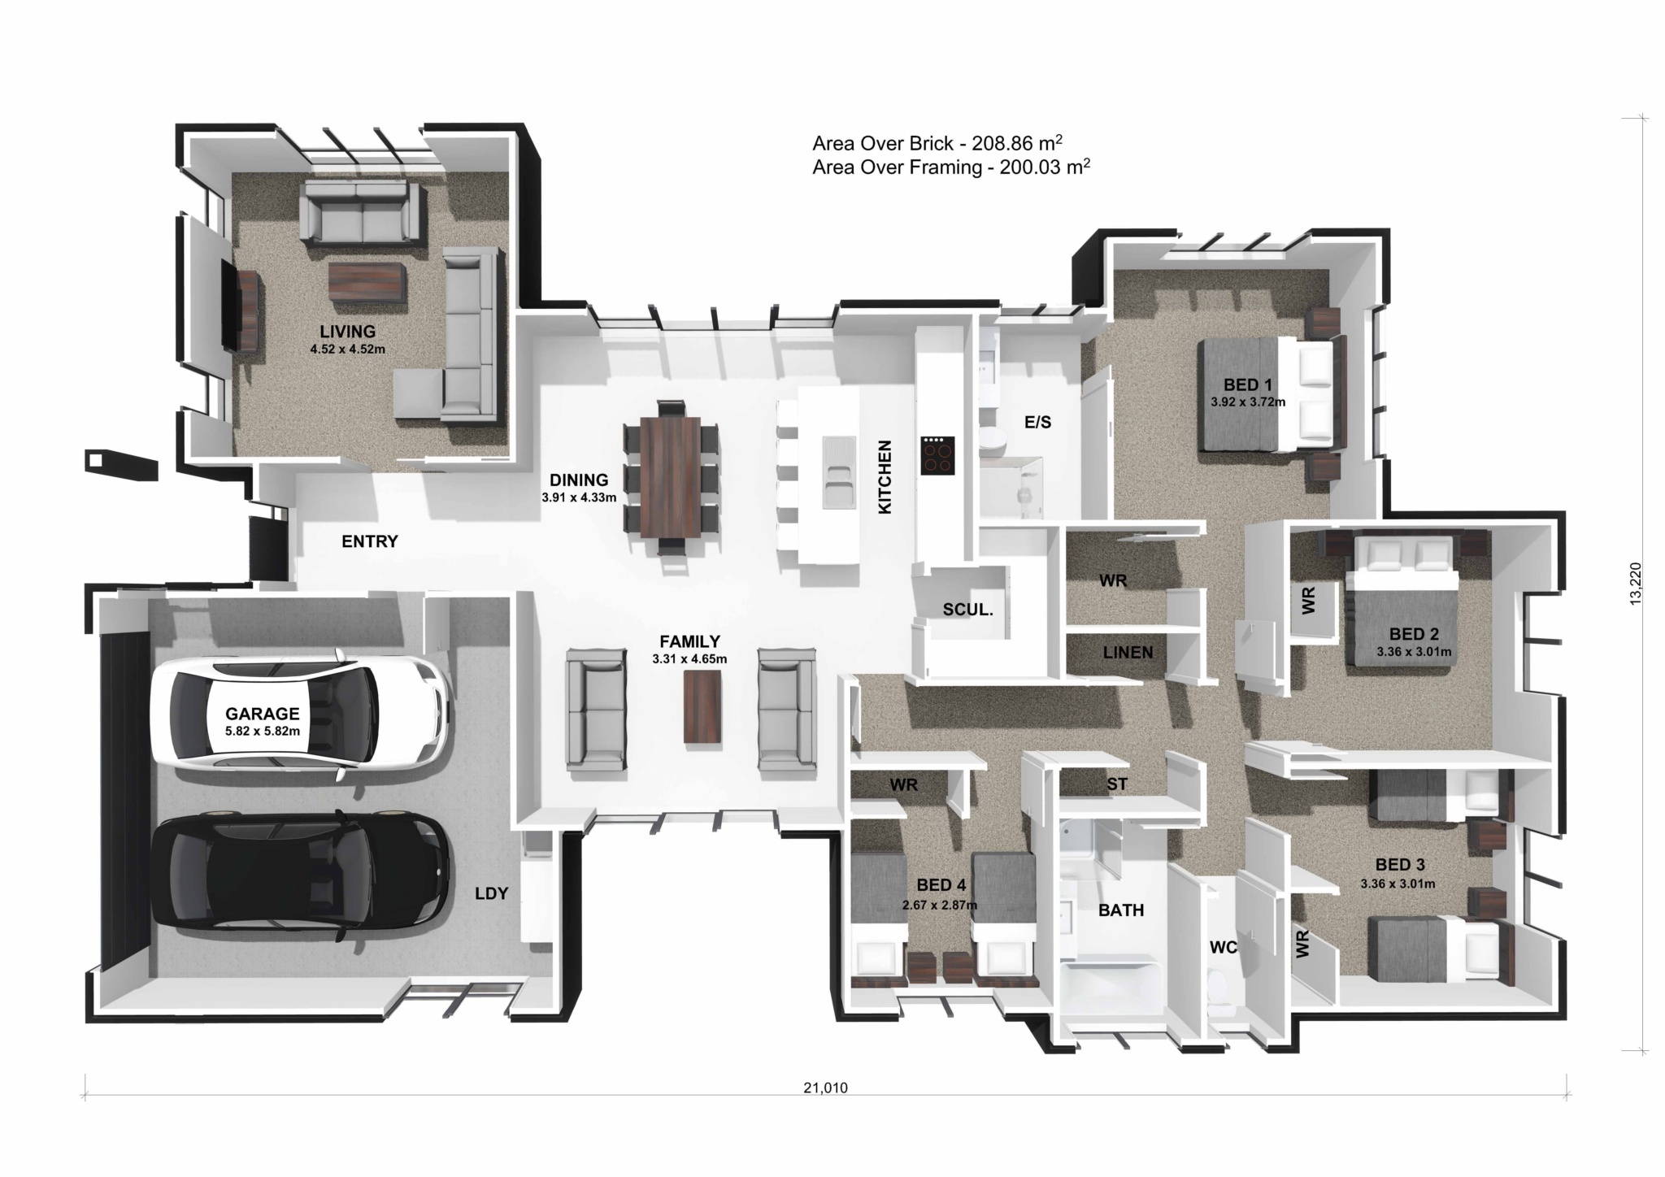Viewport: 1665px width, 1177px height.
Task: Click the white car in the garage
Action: click(301, 715)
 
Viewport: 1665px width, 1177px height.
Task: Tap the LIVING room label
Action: click(347, 332)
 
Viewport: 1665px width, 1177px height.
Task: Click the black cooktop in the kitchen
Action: click(937, 455)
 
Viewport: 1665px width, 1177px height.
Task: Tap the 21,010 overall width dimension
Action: click(824, 1088)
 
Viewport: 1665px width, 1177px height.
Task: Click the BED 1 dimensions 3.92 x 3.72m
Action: click(1247, 402)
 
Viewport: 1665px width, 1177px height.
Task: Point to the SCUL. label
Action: click(967, 610)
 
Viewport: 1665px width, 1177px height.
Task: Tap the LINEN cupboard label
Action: click(1128, 652)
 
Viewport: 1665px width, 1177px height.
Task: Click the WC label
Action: click(1223, 947)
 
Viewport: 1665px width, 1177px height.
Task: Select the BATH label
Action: click(1120, 910)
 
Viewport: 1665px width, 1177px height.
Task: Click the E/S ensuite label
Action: click(1037, 422)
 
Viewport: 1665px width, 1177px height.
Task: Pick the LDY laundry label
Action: click(491, 893)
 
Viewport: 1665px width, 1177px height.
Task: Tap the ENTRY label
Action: click(369, 541)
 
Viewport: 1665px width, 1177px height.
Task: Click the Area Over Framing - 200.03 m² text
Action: click(950, 168)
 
